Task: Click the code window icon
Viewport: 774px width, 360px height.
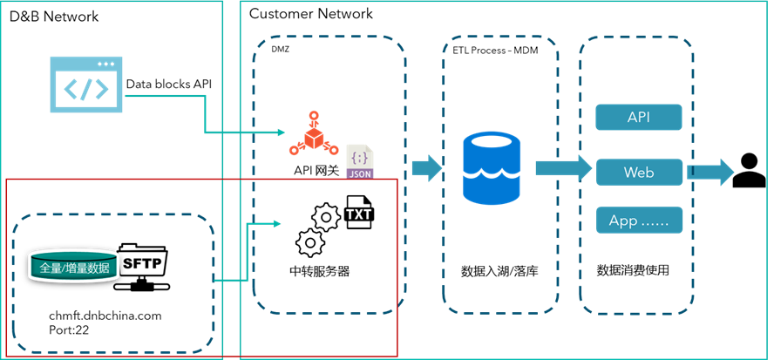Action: coord(86,84)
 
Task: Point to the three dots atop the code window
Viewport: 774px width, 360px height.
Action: coord(105,64)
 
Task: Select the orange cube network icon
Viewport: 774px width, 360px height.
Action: coord(314,136)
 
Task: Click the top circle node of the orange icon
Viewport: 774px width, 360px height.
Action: coord(313,116)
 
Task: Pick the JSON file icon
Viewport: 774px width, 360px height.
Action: coord(360,161)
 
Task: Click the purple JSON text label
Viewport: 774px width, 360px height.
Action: coord(360,173)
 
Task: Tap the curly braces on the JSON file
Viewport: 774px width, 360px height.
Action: coord(359,156)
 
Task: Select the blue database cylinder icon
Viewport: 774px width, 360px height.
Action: coord(492,168)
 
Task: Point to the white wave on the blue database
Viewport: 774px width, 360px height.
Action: coord(492,174)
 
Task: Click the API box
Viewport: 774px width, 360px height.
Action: coord(639,117)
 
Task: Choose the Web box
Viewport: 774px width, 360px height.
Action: coord(639,172)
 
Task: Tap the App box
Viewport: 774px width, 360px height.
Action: coord(639,221)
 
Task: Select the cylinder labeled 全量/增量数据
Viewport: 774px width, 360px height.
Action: coord(75,267)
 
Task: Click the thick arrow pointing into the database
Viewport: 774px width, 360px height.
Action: coord(427,167)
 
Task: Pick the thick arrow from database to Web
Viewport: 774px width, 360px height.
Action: coord(563,167)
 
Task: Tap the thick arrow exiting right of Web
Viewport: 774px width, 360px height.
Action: coord(711,172)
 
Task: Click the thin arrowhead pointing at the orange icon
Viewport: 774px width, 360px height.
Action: coord(282,132)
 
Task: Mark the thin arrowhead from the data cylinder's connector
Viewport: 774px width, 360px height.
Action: coord(277,224)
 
